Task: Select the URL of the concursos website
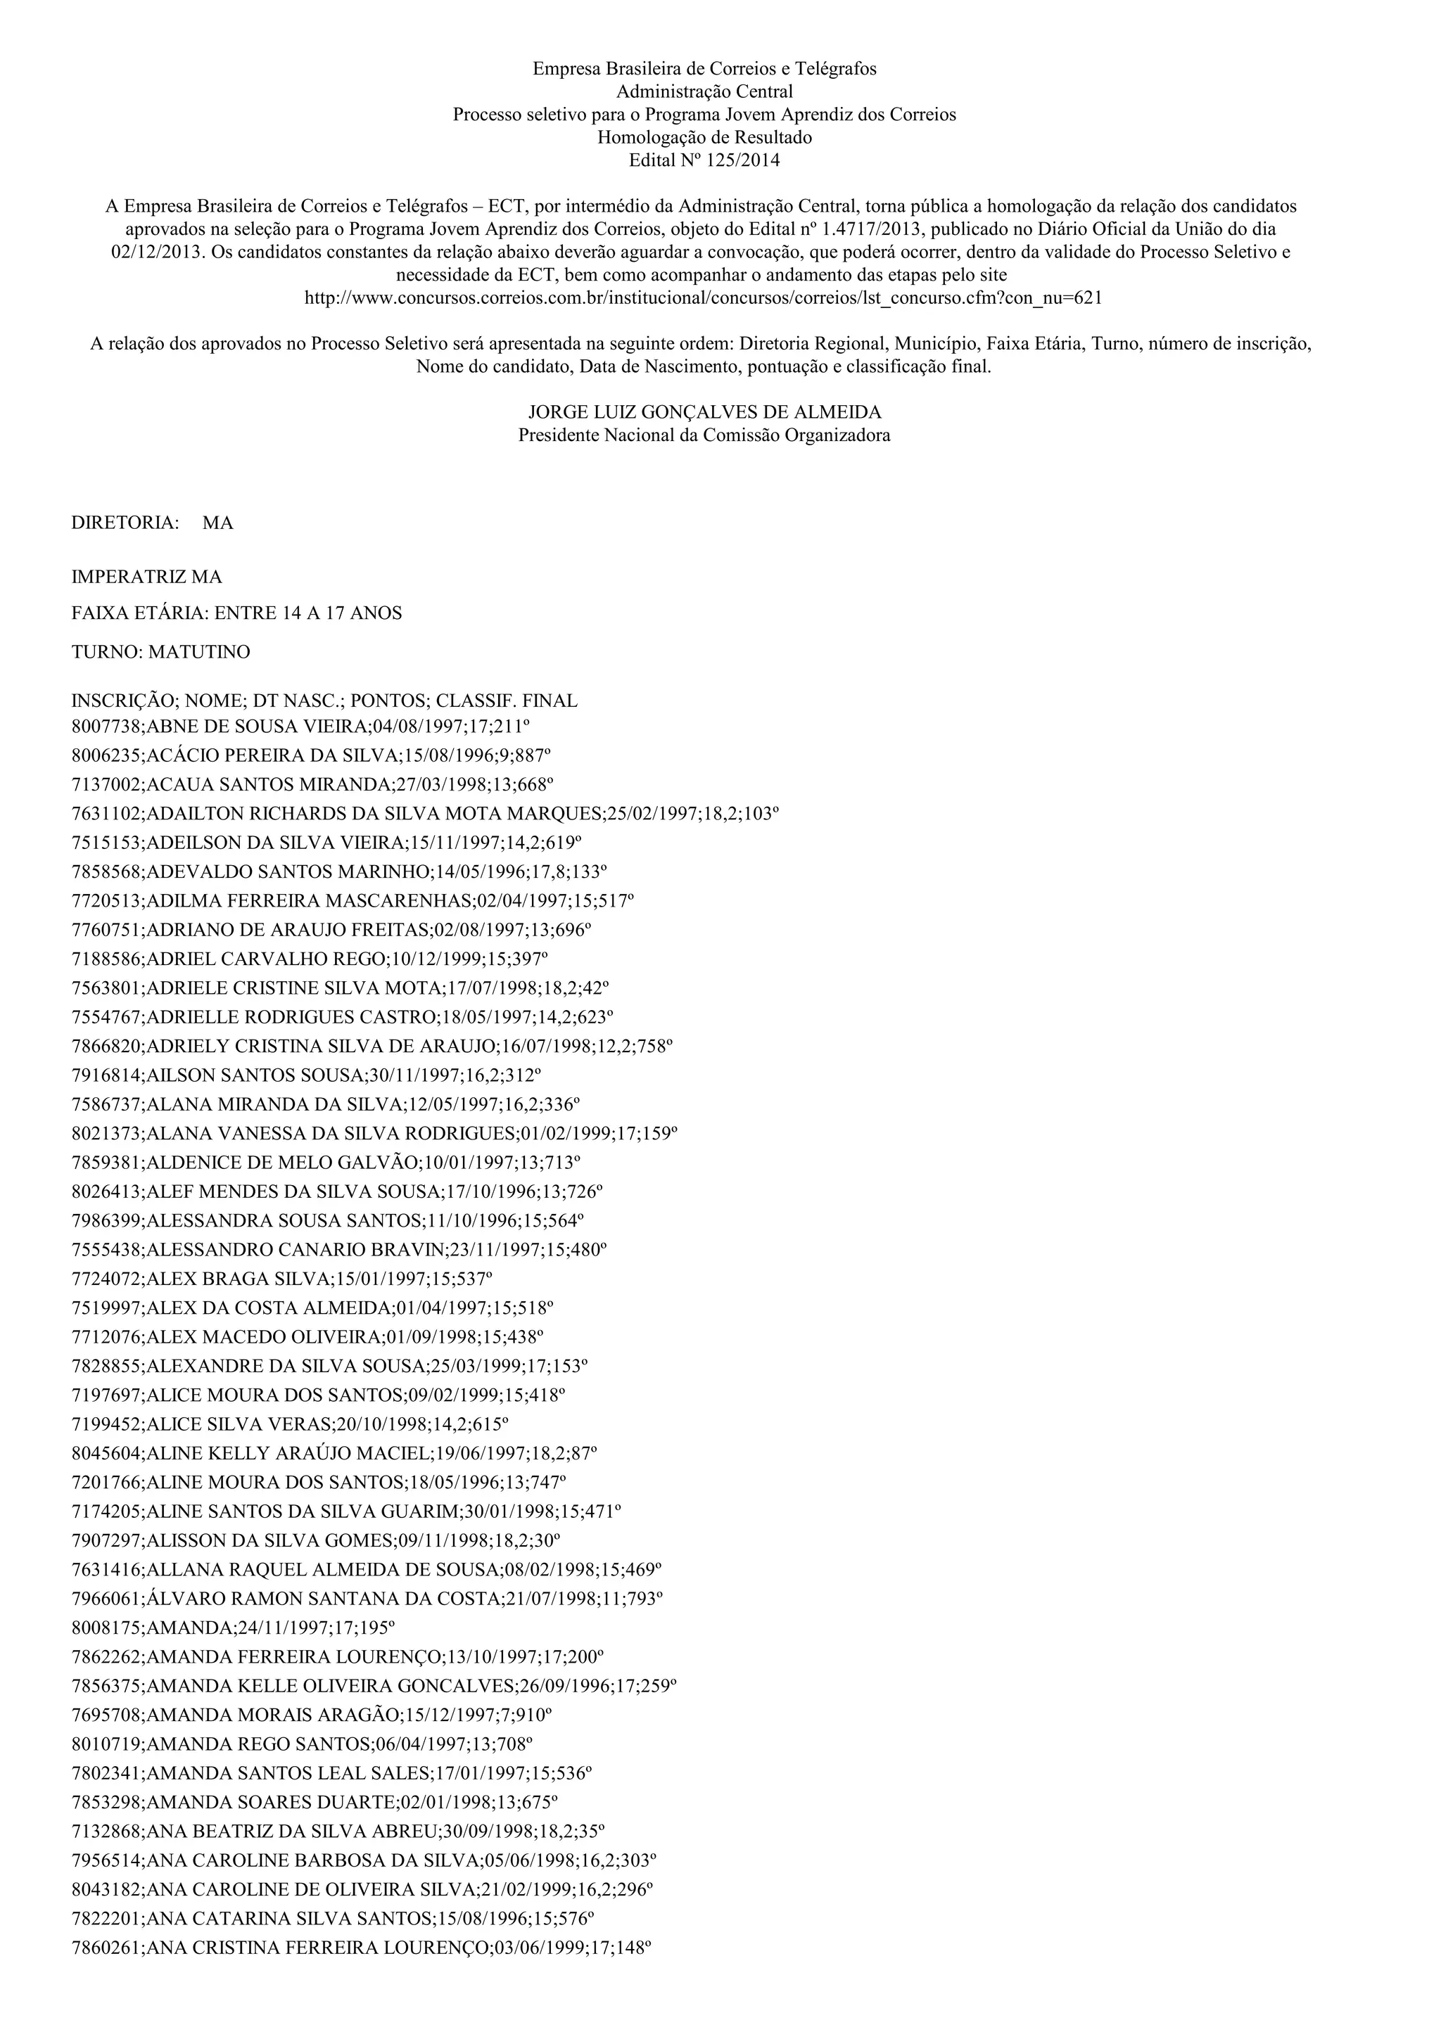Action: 703,298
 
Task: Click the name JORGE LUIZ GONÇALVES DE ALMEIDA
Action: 704,412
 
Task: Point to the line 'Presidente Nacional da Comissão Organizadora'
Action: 704,435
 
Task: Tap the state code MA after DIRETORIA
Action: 217,523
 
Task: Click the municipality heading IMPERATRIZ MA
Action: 146,577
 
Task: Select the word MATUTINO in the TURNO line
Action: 199,652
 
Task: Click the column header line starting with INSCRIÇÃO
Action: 324,701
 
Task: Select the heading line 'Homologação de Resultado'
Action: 704,138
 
